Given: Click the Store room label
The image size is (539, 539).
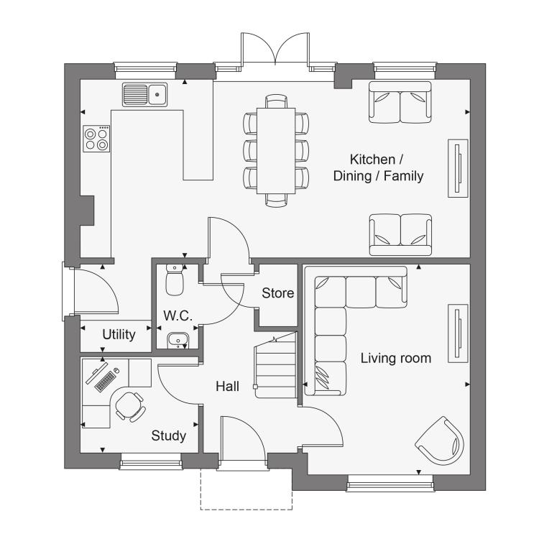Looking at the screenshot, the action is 277,293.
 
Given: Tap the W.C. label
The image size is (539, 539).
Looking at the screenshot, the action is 178,315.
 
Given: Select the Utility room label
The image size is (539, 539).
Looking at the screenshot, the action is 119,334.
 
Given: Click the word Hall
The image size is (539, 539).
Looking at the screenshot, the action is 227,387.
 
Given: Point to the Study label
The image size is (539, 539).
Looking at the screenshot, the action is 169,436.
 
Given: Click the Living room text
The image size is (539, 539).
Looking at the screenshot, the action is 396,358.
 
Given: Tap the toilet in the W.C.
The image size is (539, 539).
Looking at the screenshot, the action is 175,280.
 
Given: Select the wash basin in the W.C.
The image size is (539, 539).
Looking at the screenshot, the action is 178,341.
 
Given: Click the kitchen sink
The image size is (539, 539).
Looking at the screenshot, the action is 144,95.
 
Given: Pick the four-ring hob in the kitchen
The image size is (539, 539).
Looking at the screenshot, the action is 96,139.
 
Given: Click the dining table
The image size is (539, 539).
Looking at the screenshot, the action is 276,151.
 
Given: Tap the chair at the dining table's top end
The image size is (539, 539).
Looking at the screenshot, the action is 276,101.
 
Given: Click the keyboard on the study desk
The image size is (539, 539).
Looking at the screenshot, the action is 105,382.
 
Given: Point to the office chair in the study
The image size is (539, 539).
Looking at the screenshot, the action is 129,406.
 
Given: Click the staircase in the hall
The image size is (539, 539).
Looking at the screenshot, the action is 275,365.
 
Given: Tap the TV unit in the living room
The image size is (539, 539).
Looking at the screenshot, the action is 458,333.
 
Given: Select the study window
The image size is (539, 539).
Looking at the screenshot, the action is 151,461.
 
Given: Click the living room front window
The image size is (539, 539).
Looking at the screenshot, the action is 390,483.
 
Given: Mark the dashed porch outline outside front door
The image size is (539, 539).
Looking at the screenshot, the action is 247,510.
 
